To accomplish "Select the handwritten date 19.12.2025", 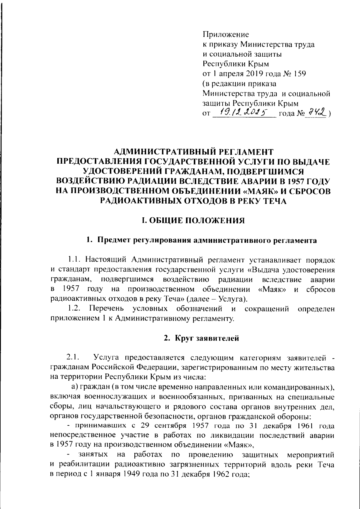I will pos(244,112).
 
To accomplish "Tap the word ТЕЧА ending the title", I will pos(273,201).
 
